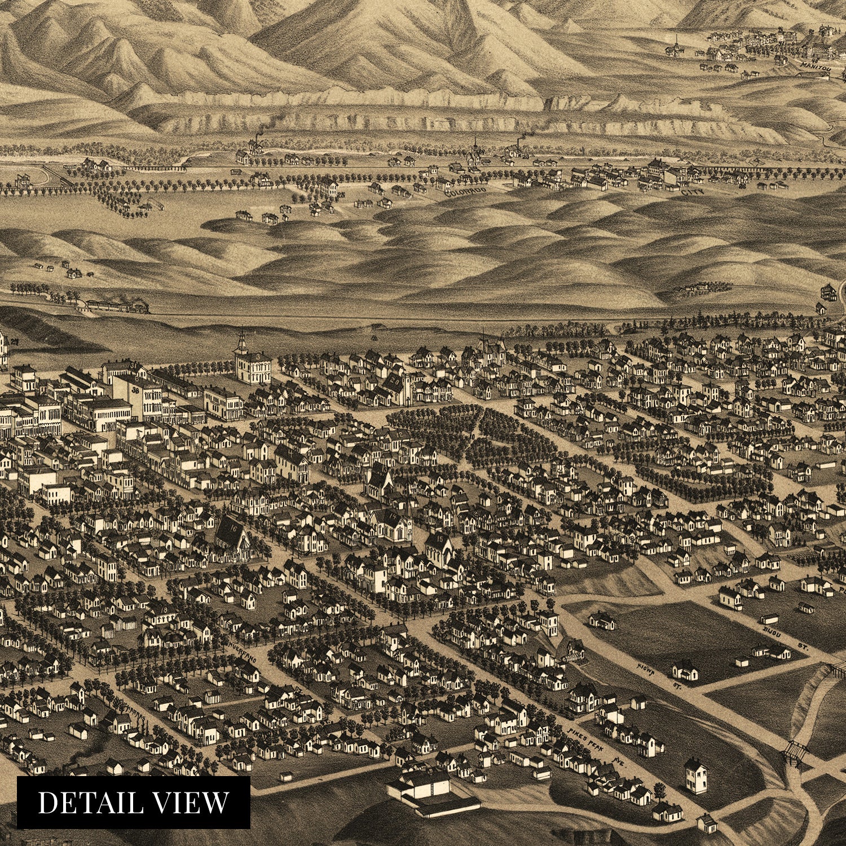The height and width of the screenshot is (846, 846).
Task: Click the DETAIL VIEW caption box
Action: pos(133,802)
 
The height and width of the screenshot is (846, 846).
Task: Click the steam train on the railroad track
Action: pos(118,306)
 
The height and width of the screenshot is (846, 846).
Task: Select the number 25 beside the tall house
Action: pos(341,195)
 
